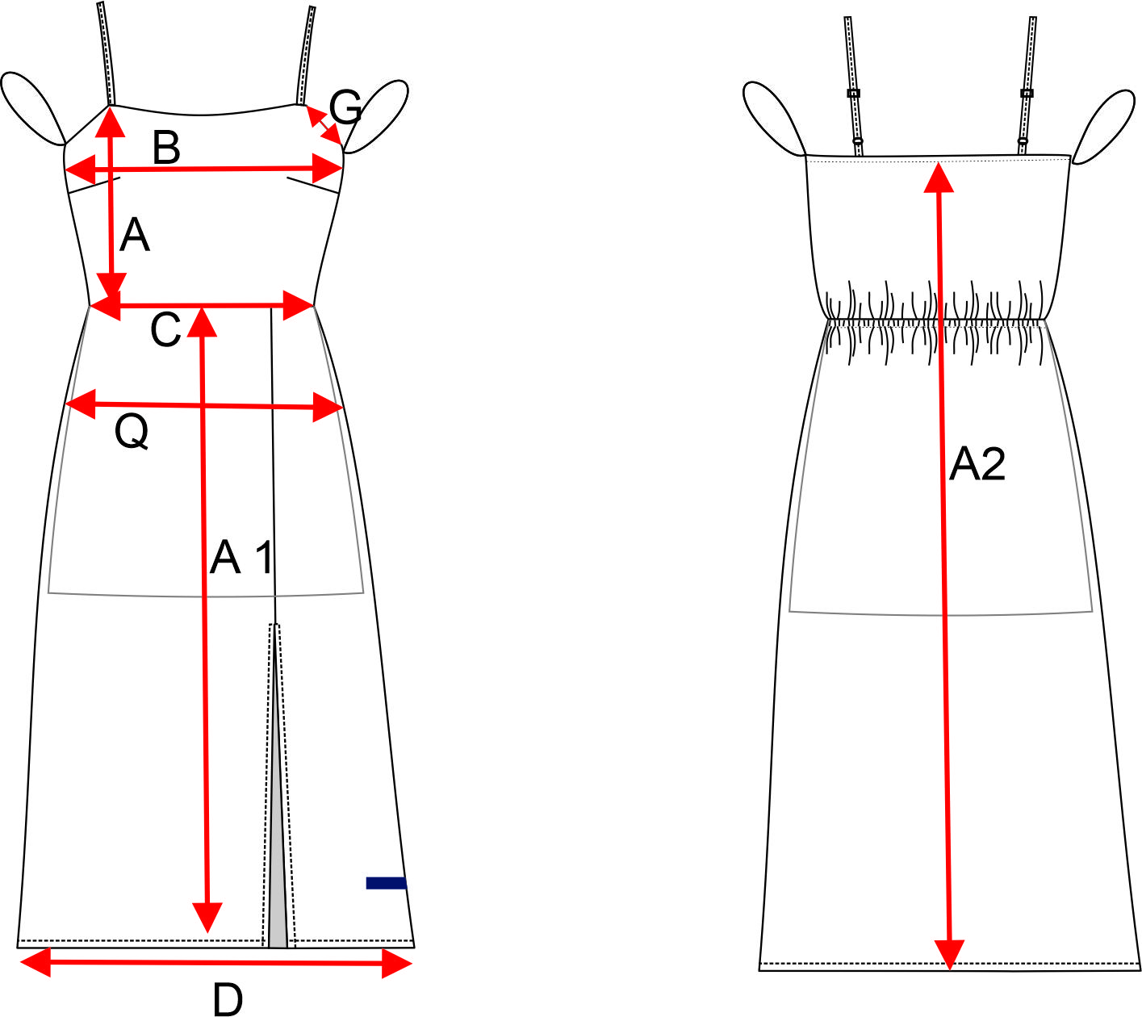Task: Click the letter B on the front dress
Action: [166, 148]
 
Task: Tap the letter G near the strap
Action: [345, 107]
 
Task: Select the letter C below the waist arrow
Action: [165, 330]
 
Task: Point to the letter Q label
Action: [132, 433]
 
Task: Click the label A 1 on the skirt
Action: [241, 557]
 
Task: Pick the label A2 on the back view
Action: [977, 464]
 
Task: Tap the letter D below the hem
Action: [228, 1000]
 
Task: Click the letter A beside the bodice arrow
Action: [135, 236]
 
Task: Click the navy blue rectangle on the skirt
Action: [386, 883]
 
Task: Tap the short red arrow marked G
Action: [324, 125]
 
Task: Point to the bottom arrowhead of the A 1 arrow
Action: [207, 919]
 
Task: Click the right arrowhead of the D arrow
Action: [398, 963]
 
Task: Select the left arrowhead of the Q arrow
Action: [79, 402]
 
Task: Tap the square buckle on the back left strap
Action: [853, 94]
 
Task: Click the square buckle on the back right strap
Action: [1027, 94]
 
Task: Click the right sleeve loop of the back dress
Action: [1104, 123]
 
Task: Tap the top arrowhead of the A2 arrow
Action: [938, 176]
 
